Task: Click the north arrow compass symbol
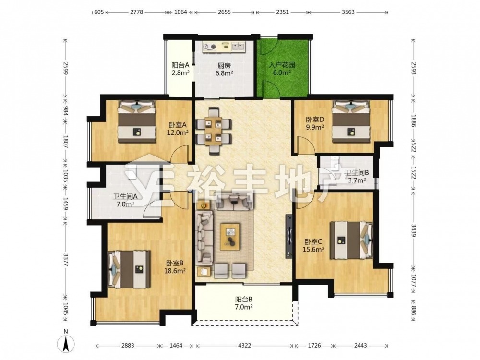pos(66,343)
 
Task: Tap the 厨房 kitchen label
pos(224,65)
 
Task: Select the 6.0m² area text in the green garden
pos(282,73)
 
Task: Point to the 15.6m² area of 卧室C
pos(313,250)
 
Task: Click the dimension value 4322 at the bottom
pos(244,346)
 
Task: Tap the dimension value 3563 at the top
pos(348,12)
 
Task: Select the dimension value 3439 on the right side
pos(414,231)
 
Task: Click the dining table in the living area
pos(213,131)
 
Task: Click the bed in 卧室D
pos(351,121)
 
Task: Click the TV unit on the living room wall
pos(288,236)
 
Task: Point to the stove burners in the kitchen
pos(209,47)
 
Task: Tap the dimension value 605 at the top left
pos(99,12)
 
